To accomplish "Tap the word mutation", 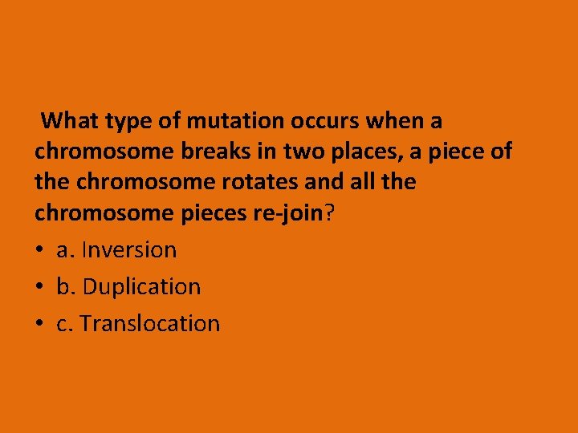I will tap(235, 121).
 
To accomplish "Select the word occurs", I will tap(327, 121).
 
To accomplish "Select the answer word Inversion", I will tap(128, 250).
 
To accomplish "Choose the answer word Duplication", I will tap(142, 287).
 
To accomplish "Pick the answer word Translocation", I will tap(150, 324).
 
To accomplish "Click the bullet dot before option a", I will tap(40, 251).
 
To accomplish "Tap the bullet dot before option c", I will tap(40, 325).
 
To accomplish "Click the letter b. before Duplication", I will tap(66, 287).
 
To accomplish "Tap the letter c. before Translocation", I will tap(65, 324).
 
